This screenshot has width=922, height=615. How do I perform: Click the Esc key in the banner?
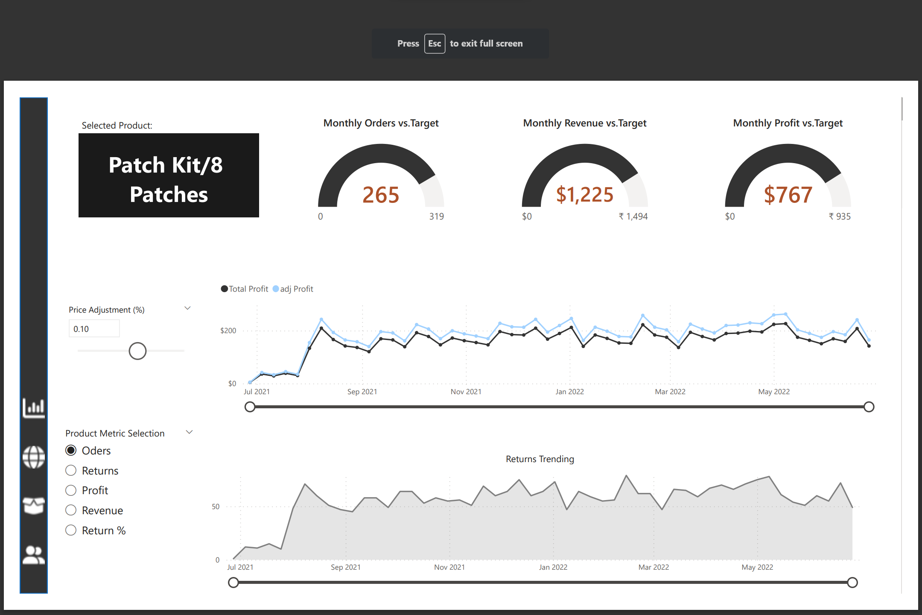point(435,44)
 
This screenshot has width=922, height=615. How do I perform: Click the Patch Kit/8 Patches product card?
point(169,175)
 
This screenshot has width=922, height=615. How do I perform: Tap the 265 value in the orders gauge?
point(381,195)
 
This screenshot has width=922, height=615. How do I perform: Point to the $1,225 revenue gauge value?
point(584,195)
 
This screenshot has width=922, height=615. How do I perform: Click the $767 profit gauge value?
point(788,195)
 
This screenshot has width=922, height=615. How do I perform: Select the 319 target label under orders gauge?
point(436,217)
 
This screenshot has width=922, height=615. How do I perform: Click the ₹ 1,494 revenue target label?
point(633,217)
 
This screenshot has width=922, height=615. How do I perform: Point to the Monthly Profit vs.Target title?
point(788,123)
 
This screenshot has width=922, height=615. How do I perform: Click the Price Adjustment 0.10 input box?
point(94,329)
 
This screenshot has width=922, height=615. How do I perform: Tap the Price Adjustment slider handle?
point(137,351)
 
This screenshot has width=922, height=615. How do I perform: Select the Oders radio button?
point(71,451)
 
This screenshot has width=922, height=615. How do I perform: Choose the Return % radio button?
point(71,530)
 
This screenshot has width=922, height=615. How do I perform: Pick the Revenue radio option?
point(71,510)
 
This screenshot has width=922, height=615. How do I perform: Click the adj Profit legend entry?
point(293,289)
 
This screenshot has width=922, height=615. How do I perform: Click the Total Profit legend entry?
point(245,289)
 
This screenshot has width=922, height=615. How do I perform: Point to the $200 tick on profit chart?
point(228,331)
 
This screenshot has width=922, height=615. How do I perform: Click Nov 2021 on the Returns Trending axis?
point(449,567)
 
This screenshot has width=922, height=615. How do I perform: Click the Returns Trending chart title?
point(540,459)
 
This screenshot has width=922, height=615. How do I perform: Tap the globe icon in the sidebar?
point(34,457)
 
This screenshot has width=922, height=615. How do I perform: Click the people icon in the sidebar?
point(34,555)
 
